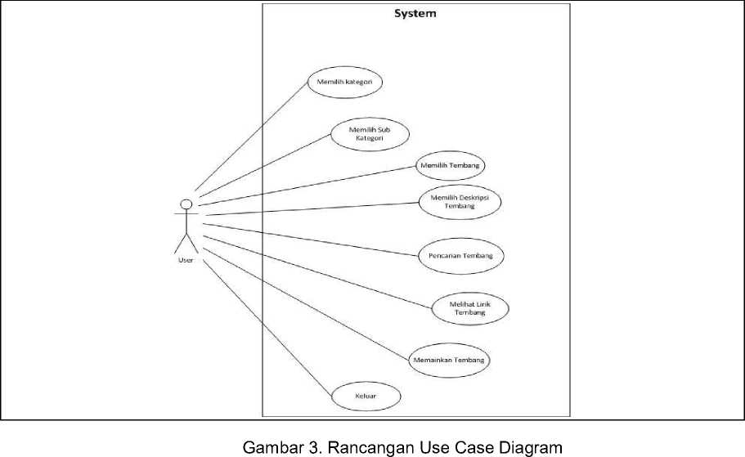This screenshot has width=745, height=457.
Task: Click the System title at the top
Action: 415,14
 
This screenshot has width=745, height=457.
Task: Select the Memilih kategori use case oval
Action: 345,83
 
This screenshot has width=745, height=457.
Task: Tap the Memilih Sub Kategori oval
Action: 370,134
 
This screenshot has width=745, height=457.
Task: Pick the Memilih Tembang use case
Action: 451,166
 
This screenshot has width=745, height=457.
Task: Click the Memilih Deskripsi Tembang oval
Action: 460,202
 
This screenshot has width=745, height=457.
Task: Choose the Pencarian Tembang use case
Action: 461,256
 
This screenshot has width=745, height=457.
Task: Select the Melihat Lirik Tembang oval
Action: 470,309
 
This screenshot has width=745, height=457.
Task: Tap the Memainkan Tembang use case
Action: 449,360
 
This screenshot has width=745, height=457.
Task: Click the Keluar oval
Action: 366,397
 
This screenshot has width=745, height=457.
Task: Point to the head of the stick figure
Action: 186,204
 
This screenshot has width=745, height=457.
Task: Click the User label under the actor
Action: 186,260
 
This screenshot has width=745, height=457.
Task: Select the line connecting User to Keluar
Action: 267,328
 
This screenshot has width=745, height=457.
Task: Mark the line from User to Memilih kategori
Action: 251,137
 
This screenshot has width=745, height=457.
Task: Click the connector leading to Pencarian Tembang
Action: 311,240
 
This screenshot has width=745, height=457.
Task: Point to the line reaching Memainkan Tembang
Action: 306,304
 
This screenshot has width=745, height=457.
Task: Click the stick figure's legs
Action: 186,243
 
